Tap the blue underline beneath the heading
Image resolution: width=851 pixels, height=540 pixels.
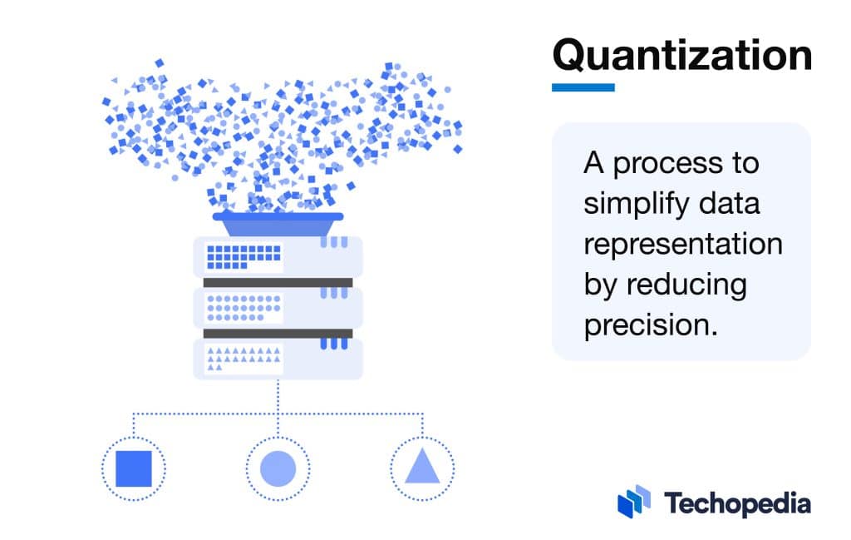click(x=583, y=87)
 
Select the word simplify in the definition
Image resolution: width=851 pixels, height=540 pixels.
click(x=637, y=204)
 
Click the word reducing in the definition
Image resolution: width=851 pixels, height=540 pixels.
click(x=686, y=285)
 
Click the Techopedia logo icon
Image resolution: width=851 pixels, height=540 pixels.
click(x=634, y=501)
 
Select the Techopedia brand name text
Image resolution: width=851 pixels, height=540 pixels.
click(x=736, y=503)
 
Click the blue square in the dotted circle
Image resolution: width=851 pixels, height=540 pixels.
click(x=133, y=468)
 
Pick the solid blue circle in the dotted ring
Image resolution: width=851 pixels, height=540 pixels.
click(x=278, y=468)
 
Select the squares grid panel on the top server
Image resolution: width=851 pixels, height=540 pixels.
click(x=243, y=256)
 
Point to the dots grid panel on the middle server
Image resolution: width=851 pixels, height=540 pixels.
click(x=243, y=308)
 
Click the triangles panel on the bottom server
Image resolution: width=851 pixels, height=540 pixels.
click(x=243, y=359)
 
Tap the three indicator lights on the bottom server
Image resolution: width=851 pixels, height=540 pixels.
click(x=333, y=343)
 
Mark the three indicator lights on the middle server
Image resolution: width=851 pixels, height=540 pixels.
click(x=333, y=292)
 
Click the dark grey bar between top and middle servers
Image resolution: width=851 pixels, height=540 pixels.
click(x=278, y=282)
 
